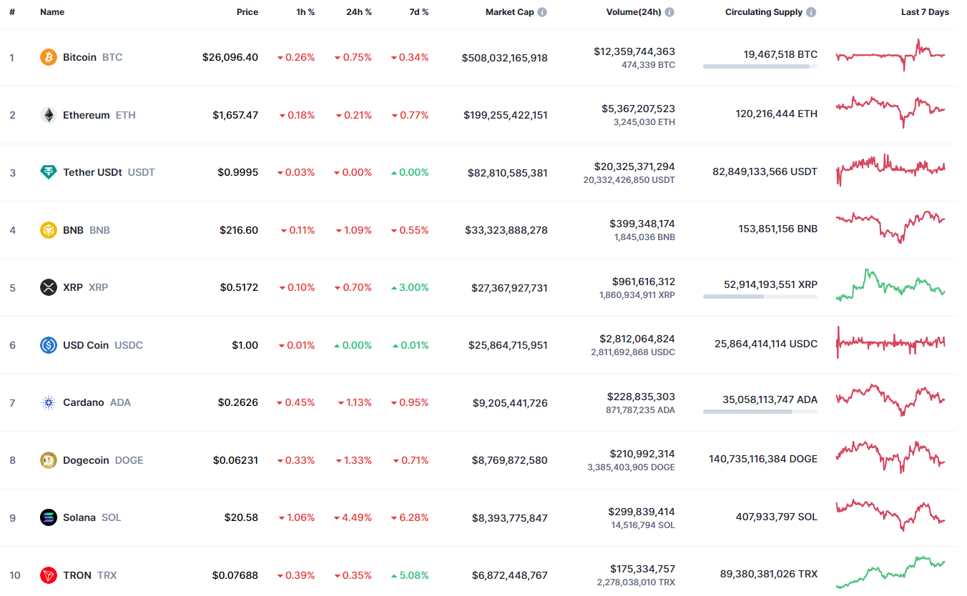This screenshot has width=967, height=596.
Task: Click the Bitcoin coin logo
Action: tap(49, 57)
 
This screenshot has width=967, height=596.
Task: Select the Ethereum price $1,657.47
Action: tap(235, 115)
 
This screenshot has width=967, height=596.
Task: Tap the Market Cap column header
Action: tap(509, 12)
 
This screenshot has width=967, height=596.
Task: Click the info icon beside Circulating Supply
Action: tap(811, 12)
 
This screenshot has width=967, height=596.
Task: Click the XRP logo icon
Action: tap(49, 287)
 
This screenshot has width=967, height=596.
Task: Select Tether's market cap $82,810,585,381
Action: tap(507, 172)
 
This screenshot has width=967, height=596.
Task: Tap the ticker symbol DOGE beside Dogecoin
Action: tap(129, 460)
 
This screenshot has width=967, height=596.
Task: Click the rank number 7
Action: tap(12, 402)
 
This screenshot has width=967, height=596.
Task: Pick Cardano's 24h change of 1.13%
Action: tap(355, 402)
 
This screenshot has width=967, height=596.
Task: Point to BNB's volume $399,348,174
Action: tap(642, 224)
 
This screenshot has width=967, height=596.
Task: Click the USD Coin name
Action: tap(86, 345)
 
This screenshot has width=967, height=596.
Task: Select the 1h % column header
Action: tap(305, 12)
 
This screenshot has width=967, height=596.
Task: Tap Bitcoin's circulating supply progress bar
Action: tap(760, 66)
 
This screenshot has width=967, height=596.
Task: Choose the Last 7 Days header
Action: tap(925, 12)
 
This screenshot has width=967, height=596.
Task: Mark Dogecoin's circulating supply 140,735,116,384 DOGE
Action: tap(763, 459)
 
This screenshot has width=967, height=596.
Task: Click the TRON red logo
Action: tap(49, 575)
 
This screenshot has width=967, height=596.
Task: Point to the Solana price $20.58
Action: tap(241, 517)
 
